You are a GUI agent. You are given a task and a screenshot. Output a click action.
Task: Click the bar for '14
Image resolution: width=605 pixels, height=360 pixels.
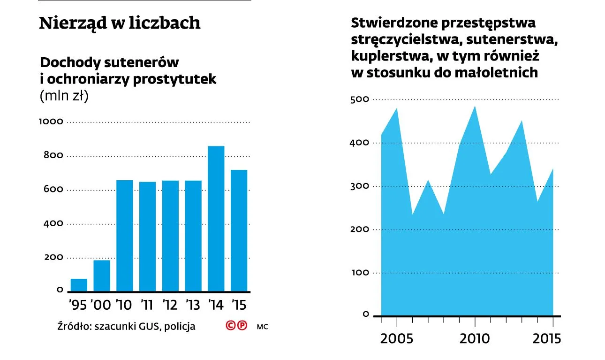[216, 218]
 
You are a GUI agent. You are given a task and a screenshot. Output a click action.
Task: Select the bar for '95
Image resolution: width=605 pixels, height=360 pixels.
[79, 285]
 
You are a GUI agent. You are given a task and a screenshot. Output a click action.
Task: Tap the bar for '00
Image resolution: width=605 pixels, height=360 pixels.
[102, 276]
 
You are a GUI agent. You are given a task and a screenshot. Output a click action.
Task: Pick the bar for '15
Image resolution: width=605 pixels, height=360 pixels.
[239, 230]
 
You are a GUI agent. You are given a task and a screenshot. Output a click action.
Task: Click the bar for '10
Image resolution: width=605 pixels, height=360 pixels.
[124, 236]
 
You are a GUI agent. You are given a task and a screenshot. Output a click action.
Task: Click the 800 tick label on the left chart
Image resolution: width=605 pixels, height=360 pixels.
[53, 155]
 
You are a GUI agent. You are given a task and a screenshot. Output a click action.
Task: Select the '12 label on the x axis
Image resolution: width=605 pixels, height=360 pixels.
[169, 305]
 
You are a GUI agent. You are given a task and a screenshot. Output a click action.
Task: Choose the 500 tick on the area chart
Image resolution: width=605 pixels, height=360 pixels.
[360, 99]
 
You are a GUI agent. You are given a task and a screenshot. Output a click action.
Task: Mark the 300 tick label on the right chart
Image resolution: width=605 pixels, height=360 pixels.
[360, 186]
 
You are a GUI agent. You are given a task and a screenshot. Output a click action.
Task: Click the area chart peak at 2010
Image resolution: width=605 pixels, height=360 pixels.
[475, 107]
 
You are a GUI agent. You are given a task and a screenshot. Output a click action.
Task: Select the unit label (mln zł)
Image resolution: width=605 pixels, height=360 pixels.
[64, 96]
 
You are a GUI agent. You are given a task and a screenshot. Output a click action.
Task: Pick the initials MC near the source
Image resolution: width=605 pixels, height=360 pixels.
[262, 326]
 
